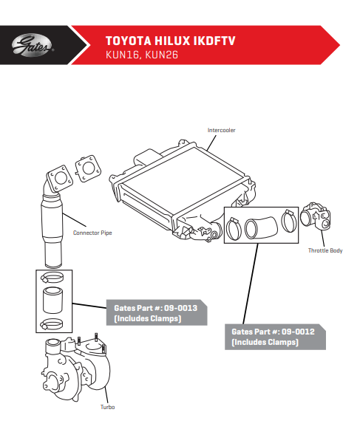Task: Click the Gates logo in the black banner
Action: tap(33, 46)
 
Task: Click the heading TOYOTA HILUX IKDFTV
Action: tap(171, 41)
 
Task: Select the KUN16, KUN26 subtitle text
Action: tap(142, 55)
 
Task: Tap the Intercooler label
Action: tap(221, 130)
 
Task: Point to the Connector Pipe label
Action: tap(92, 233)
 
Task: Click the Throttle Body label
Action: tap(325, 250)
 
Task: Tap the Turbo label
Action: tap(108, 407)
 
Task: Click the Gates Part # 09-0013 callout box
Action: tap(157, 312)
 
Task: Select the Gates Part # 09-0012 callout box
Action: tap(275, 337)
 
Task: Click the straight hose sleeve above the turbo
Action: tap(52, 301)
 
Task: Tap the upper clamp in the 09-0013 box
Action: tap(52, 278)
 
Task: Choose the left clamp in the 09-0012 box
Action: tap(234, 229)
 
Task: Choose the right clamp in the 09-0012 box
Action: tap(289, 221)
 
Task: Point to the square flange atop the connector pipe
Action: tap(60, 179)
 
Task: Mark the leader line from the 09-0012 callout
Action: tap(251, 284)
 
